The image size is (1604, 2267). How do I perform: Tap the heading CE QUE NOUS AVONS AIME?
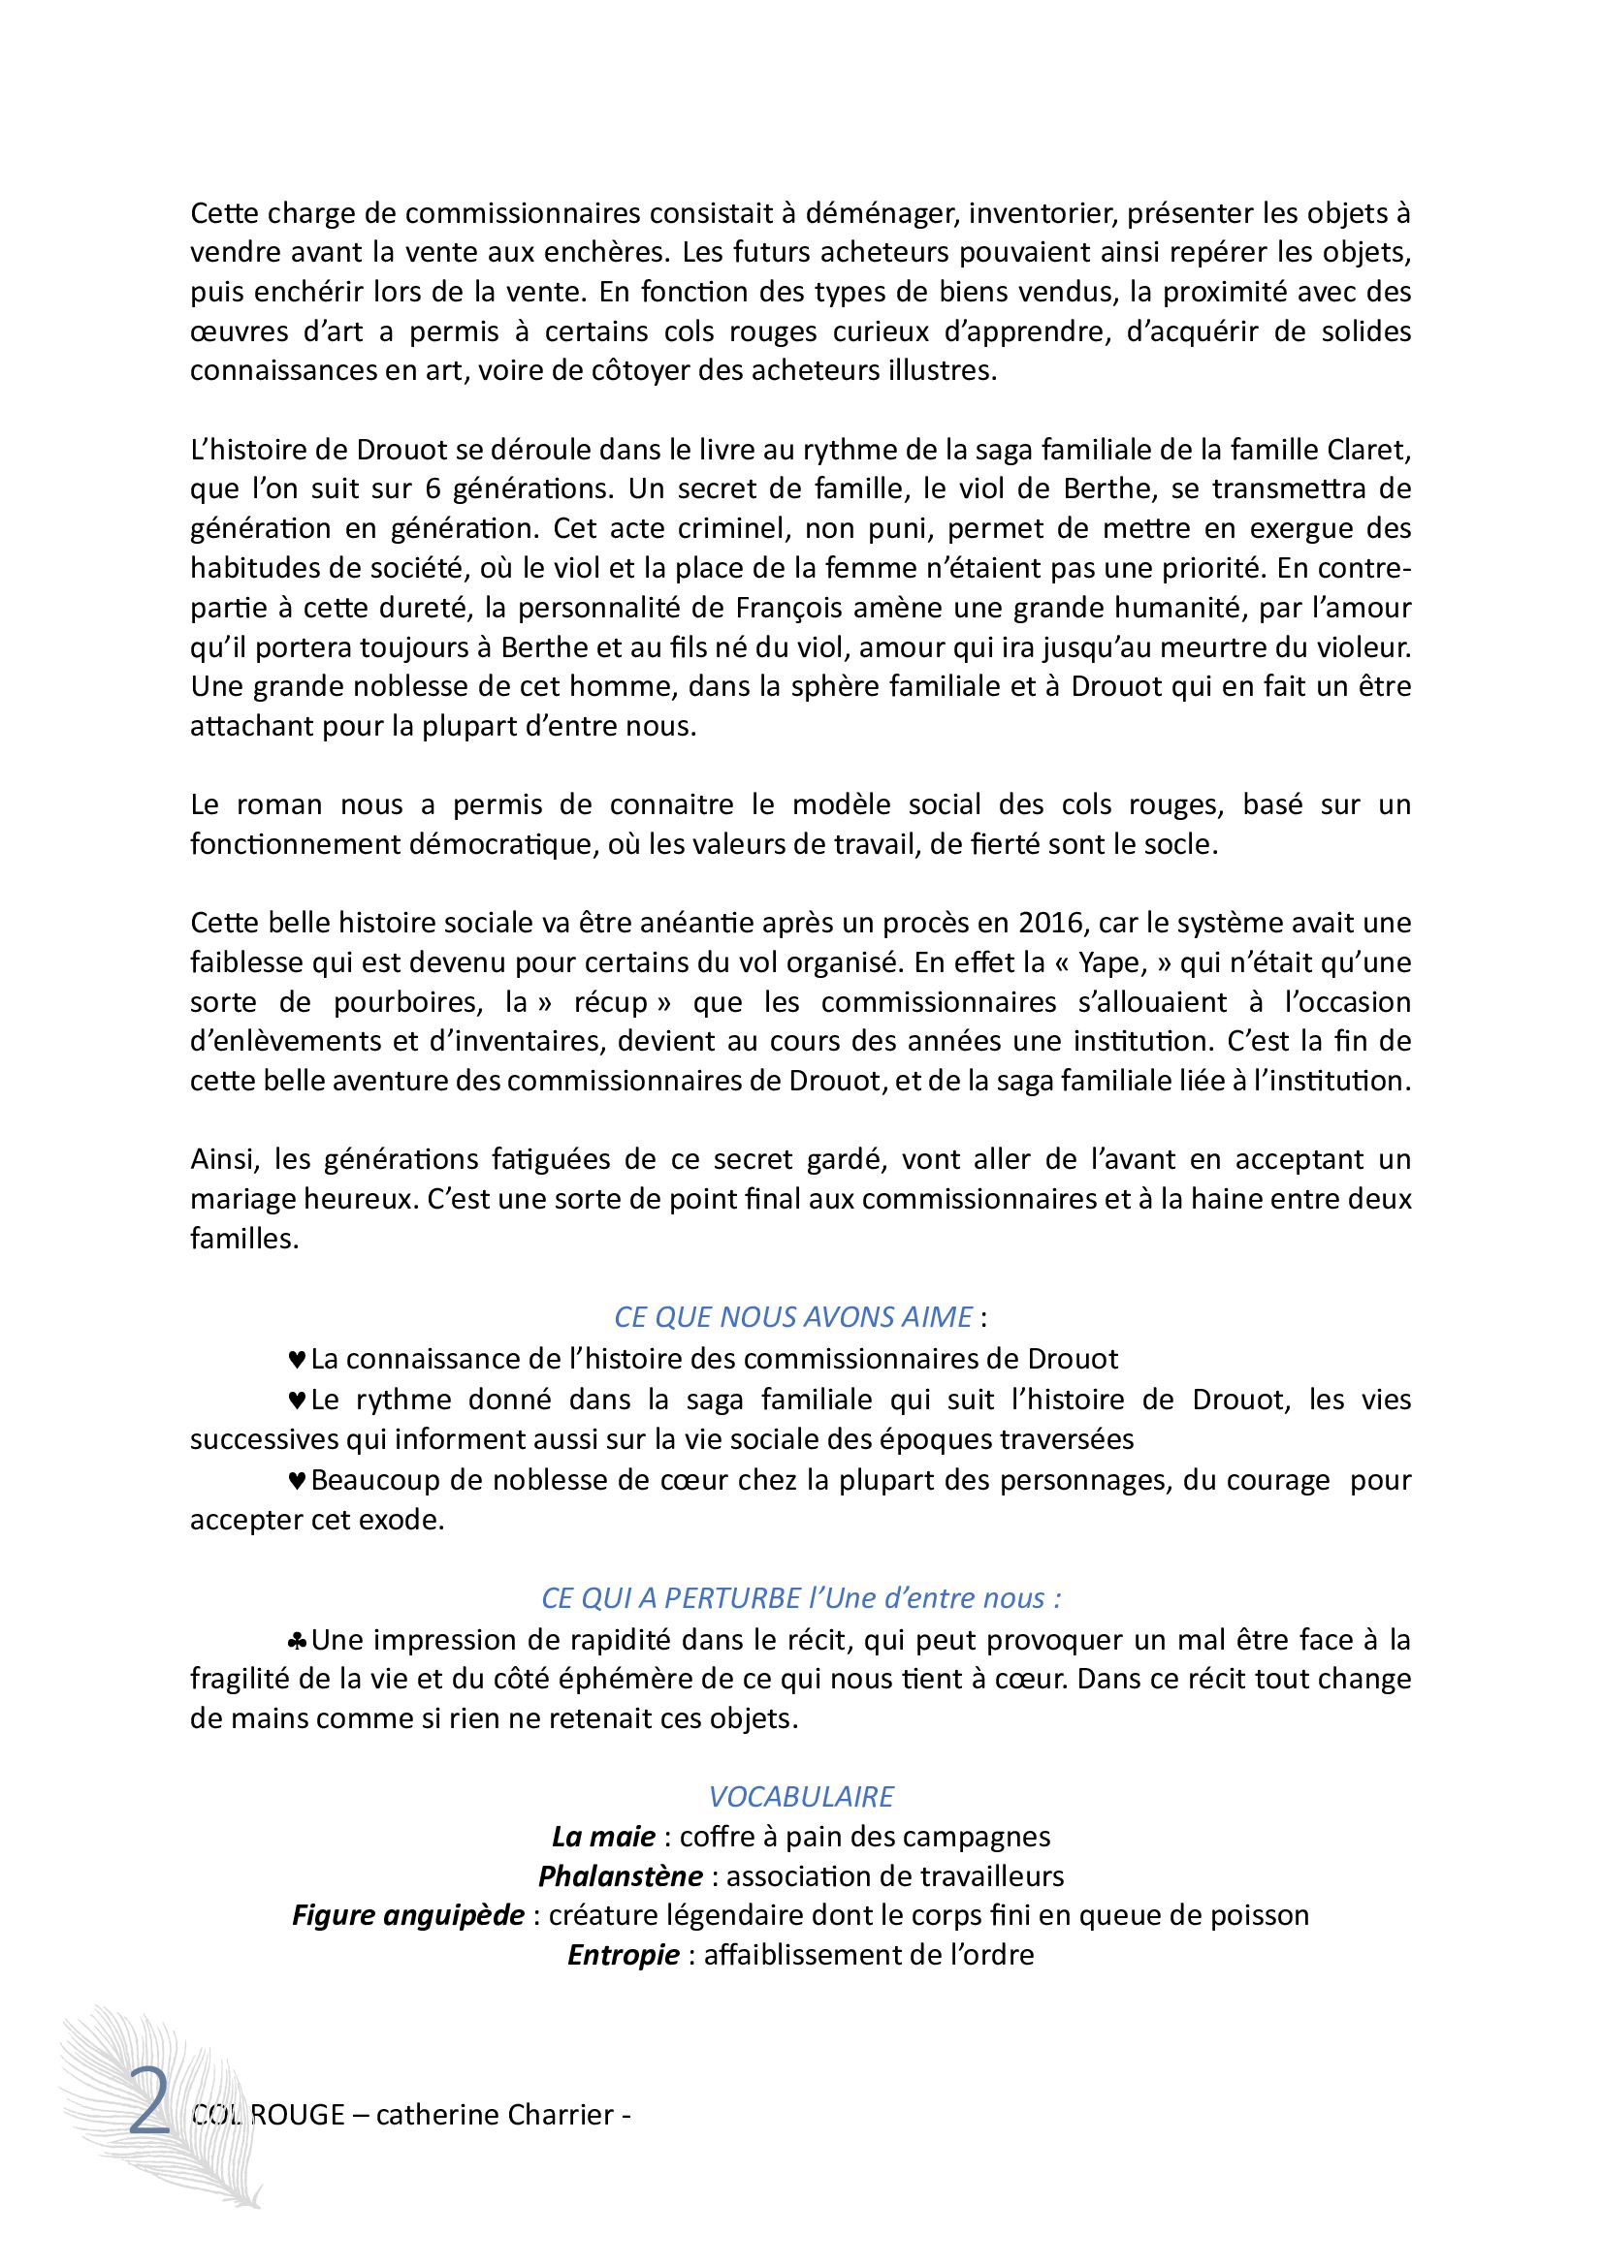(793, 1316)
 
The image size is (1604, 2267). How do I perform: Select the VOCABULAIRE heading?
(801, 1796)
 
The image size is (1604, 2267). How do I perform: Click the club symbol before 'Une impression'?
(297, 1641)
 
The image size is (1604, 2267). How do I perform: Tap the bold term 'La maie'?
(602, 1837)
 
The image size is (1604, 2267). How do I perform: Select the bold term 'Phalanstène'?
(621, 1876)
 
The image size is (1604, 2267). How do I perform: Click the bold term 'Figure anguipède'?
(408, 1915)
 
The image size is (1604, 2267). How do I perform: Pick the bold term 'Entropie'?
(624, 1955)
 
